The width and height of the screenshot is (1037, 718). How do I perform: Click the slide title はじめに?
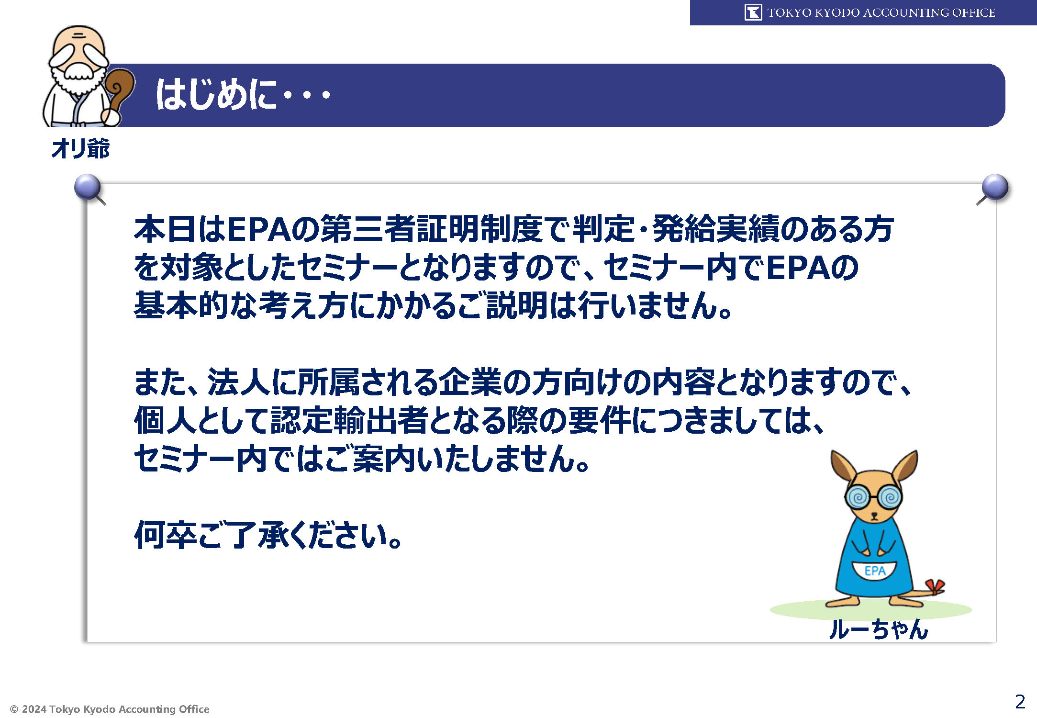[216, 94]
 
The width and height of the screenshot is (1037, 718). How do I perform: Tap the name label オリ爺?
[80, 148]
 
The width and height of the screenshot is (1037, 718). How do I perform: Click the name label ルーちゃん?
[879, 629]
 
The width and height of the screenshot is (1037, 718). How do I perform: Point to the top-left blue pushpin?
[88, 187]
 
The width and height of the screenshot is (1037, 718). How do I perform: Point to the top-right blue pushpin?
[994, 187]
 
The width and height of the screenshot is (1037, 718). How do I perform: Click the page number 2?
[1020, 702]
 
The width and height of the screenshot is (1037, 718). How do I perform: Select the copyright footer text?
[110, 709]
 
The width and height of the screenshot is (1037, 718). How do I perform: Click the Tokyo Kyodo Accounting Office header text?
[881, 12]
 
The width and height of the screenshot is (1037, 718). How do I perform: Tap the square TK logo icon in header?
[753, 12]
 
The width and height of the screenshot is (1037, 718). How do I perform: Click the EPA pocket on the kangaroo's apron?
[874, 571]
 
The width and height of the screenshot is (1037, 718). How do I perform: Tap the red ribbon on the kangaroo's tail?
[935, 587]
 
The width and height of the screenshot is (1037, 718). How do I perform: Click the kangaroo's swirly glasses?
[874, 497]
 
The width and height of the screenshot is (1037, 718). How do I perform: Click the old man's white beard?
[79, 79]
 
